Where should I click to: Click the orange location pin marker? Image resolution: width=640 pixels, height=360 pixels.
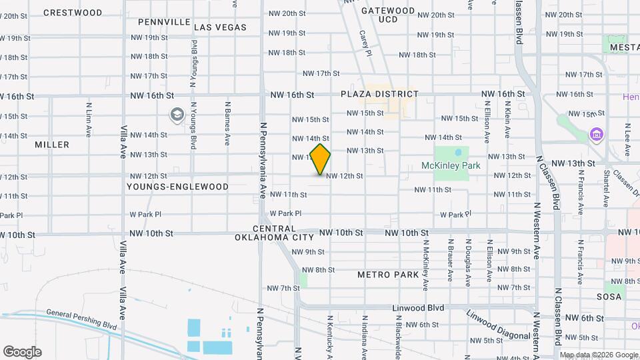point(321,159)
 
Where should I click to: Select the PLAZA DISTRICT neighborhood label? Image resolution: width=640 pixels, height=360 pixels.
point(379,95)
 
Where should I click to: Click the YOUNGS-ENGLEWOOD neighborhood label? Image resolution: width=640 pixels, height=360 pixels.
point(177,187)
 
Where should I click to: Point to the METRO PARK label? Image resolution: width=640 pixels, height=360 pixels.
point(388,275)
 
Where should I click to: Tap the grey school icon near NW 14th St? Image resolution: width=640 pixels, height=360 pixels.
point(177,115)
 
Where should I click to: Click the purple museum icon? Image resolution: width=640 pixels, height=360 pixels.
point(596,135)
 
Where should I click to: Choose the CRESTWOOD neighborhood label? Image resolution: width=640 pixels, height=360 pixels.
point(73,13)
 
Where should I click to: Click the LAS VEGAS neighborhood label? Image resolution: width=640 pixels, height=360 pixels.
point(220,27)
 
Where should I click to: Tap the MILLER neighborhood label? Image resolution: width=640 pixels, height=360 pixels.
point(52,145)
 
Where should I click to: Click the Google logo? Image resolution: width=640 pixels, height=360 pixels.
point(22,352)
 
